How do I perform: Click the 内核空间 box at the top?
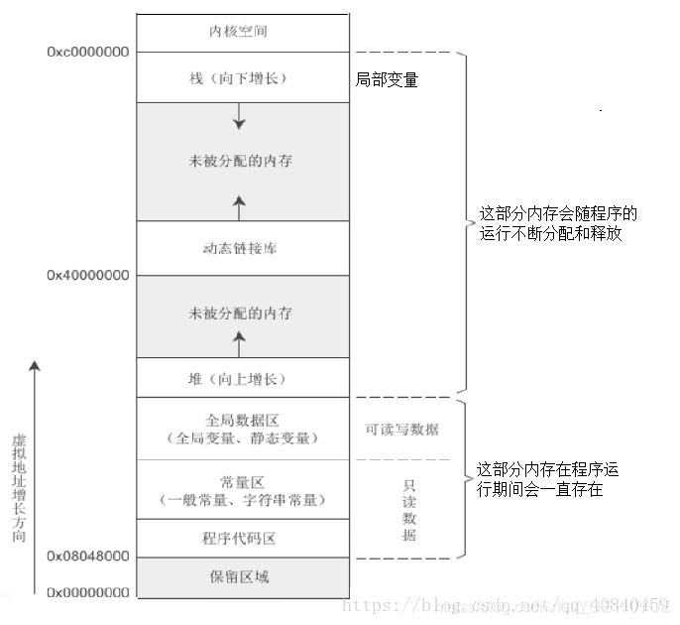242,32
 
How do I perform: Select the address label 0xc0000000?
87,52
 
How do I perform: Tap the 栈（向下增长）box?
242,77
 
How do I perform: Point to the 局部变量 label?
387,79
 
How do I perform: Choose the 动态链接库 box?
242,248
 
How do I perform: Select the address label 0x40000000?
87,275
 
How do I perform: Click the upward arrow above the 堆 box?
239,343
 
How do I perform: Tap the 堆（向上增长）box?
242,378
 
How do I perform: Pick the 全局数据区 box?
242,429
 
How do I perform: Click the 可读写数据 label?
402,430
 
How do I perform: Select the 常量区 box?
242,490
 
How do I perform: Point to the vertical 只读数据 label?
409,511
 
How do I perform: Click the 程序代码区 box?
242,539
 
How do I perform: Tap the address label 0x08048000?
87,557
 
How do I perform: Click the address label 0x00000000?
87,592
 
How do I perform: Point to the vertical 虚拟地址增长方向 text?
19,486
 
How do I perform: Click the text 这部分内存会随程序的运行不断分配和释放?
557,224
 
